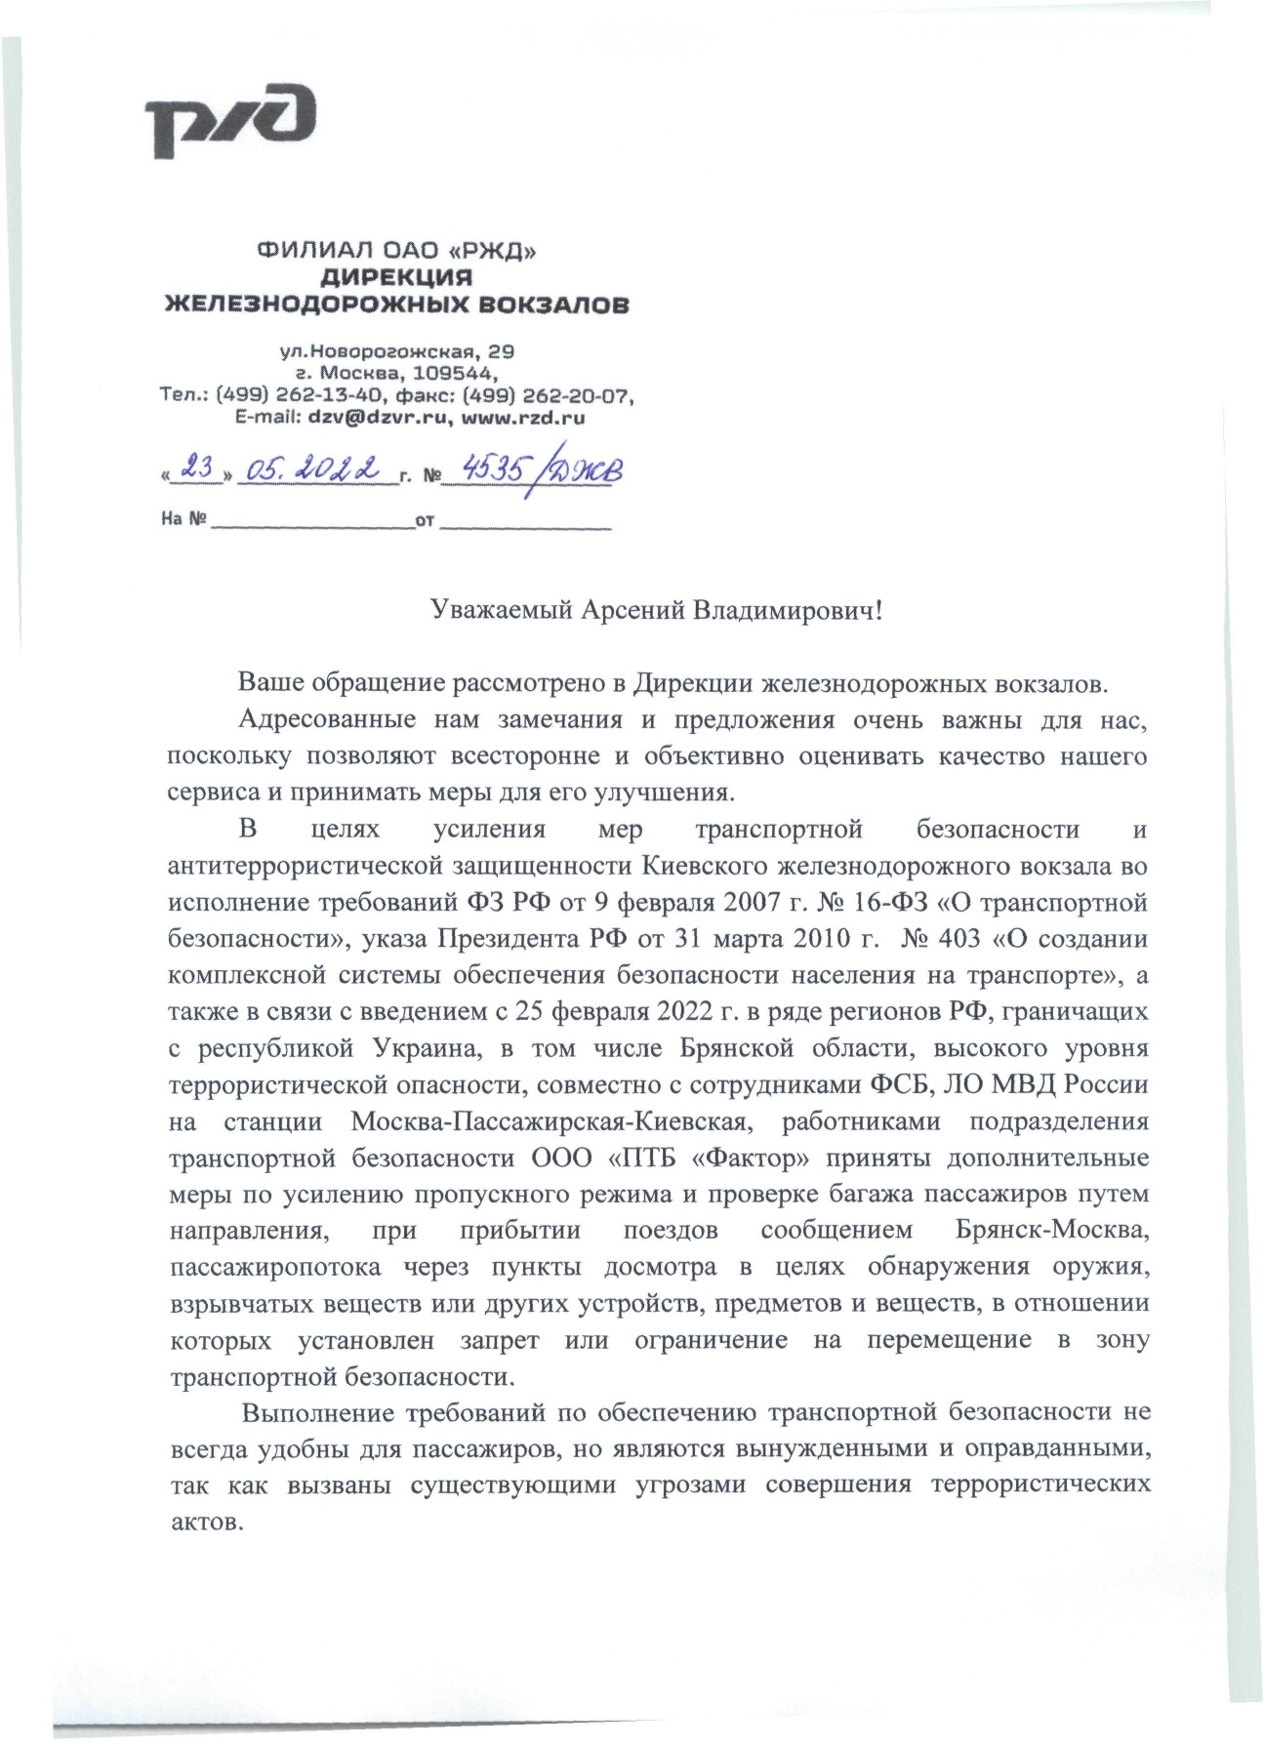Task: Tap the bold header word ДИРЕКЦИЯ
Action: pyautogui.click(x=396, y=277)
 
